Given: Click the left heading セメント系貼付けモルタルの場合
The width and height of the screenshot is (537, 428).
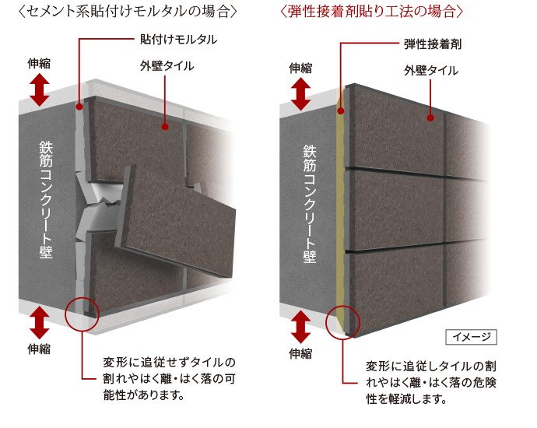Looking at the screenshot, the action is [x=128, y=12].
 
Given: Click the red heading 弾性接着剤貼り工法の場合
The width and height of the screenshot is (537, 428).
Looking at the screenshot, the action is [x=372, y=12].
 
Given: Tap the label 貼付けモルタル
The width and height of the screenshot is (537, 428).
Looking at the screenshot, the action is [x=178, y=40].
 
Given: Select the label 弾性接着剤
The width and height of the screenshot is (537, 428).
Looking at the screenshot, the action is [x=433, y=44].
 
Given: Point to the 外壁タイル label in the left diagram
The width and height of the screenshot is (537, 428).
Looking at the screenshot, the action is [x=167, y=65].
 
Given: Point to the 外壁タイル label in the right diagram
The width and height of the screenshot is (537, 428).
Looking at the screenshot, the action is [x=431, y=71].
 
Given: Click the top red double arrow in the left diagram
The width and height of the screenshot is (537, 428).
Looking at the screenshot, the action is [x=40, y=90].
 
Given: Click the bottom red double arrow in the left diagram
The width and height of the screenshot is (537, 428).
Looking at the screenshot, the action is [x=40, y=322].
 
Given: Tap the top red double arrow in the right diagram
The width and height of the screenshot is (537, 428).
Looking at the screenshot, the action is [x=301, y=94].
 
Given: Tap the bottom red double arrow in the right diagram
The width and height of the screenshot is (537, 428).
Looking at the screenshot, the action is [x=301, y=327].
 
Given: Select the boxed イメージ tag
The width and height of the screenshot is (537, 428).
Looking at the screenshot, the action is [x=472, y=337].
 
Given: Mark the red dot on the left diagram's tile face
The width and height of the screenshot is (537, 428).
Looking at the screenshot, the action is [x=165, y=127].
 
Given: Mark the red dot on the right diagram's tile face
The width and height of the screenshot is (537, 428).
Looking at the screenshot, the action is [x=431, y=118].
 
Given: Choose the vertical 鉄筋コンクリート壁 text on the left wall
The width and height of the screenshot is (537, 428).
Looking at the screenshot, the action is [x=46, y=200].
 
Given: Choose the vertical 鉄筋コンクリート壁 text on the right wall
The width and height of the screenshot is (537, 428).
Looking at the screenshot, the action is [x=310, y=205].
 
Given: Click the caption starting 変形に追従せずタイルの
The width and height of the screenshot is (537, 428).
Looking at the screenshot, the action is [x=169, y=379].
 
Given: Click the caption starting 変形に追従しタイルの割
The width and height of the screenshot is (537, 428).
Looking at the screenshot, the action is [x=431, y=383].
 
